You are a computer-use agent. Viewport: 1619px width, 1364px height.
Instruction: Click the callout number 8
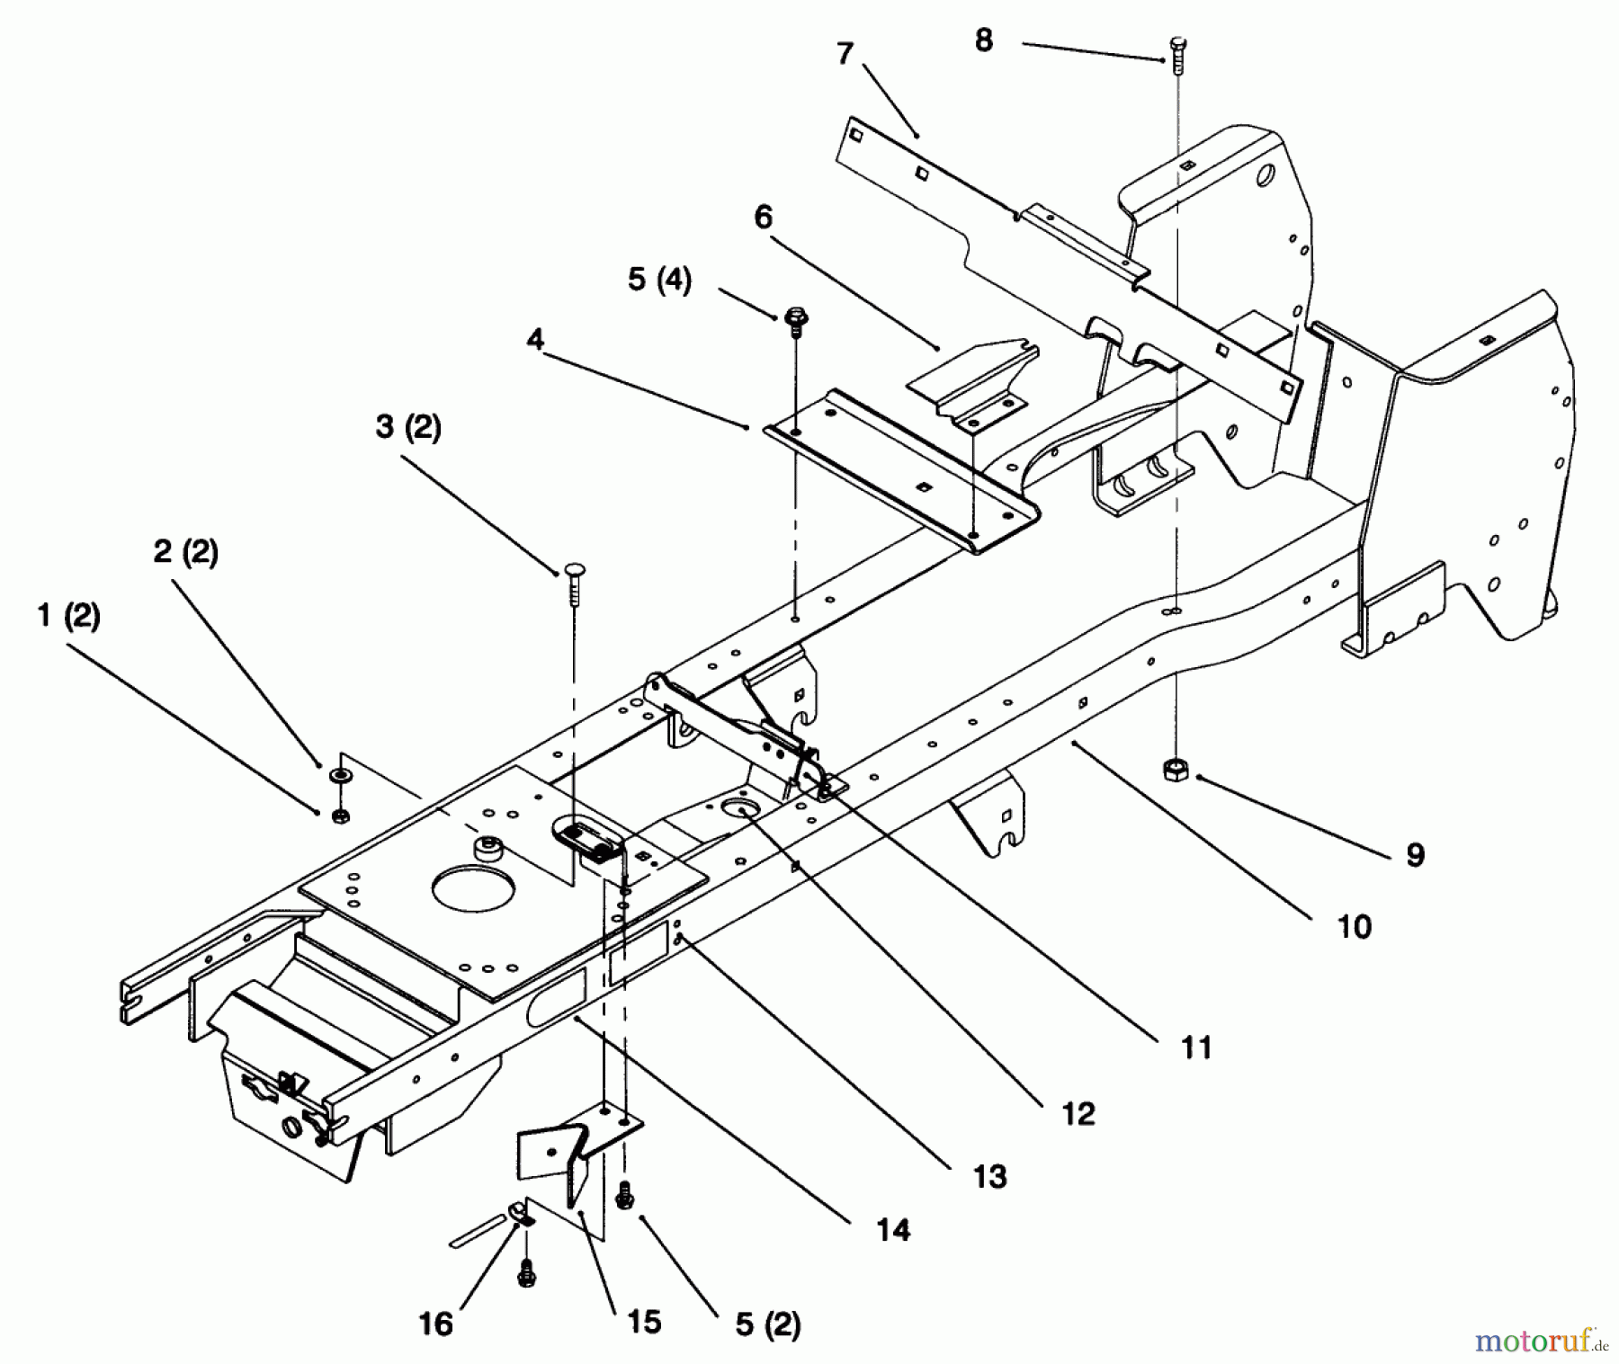[x=983, y=40]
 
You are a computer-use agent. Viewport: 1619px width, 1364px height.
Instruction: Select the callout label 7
[x=844, y=55]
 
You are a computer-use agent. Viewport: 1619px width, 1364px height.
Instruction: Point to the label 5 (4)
[x=659, y=280]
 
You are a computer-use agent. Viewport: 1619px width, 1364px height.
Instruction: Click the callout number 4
[x=535, y=341]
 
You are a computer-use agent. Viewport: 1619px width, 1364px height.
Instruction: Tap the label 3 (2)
[x=408, y=426]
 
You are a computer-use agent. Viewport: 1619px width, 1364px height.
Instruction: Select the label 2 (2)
[x=185, y=550]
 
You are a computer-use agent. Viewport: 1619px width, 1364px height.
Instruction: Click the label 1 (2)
[x=68, y=616]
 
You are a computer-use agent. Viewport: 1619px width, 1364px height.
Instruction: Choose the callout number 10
[x=1355, y=926]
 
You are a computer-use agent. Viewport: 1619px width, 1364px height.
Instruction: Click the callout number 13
[x=990, y=1176]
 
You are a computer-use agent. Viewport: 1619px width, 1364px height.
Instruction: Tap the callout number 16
[x=436, y=1324]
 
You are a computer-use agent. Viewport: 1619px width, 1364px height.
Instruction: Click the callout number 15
[x=645, y=1321]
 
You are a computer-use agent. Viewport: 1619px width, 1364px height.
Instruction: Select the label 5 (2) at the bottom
[x=767, y=1324]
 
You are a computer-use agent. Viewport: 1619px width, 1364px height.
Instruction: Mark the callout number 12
[x=1078, y=1113]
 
